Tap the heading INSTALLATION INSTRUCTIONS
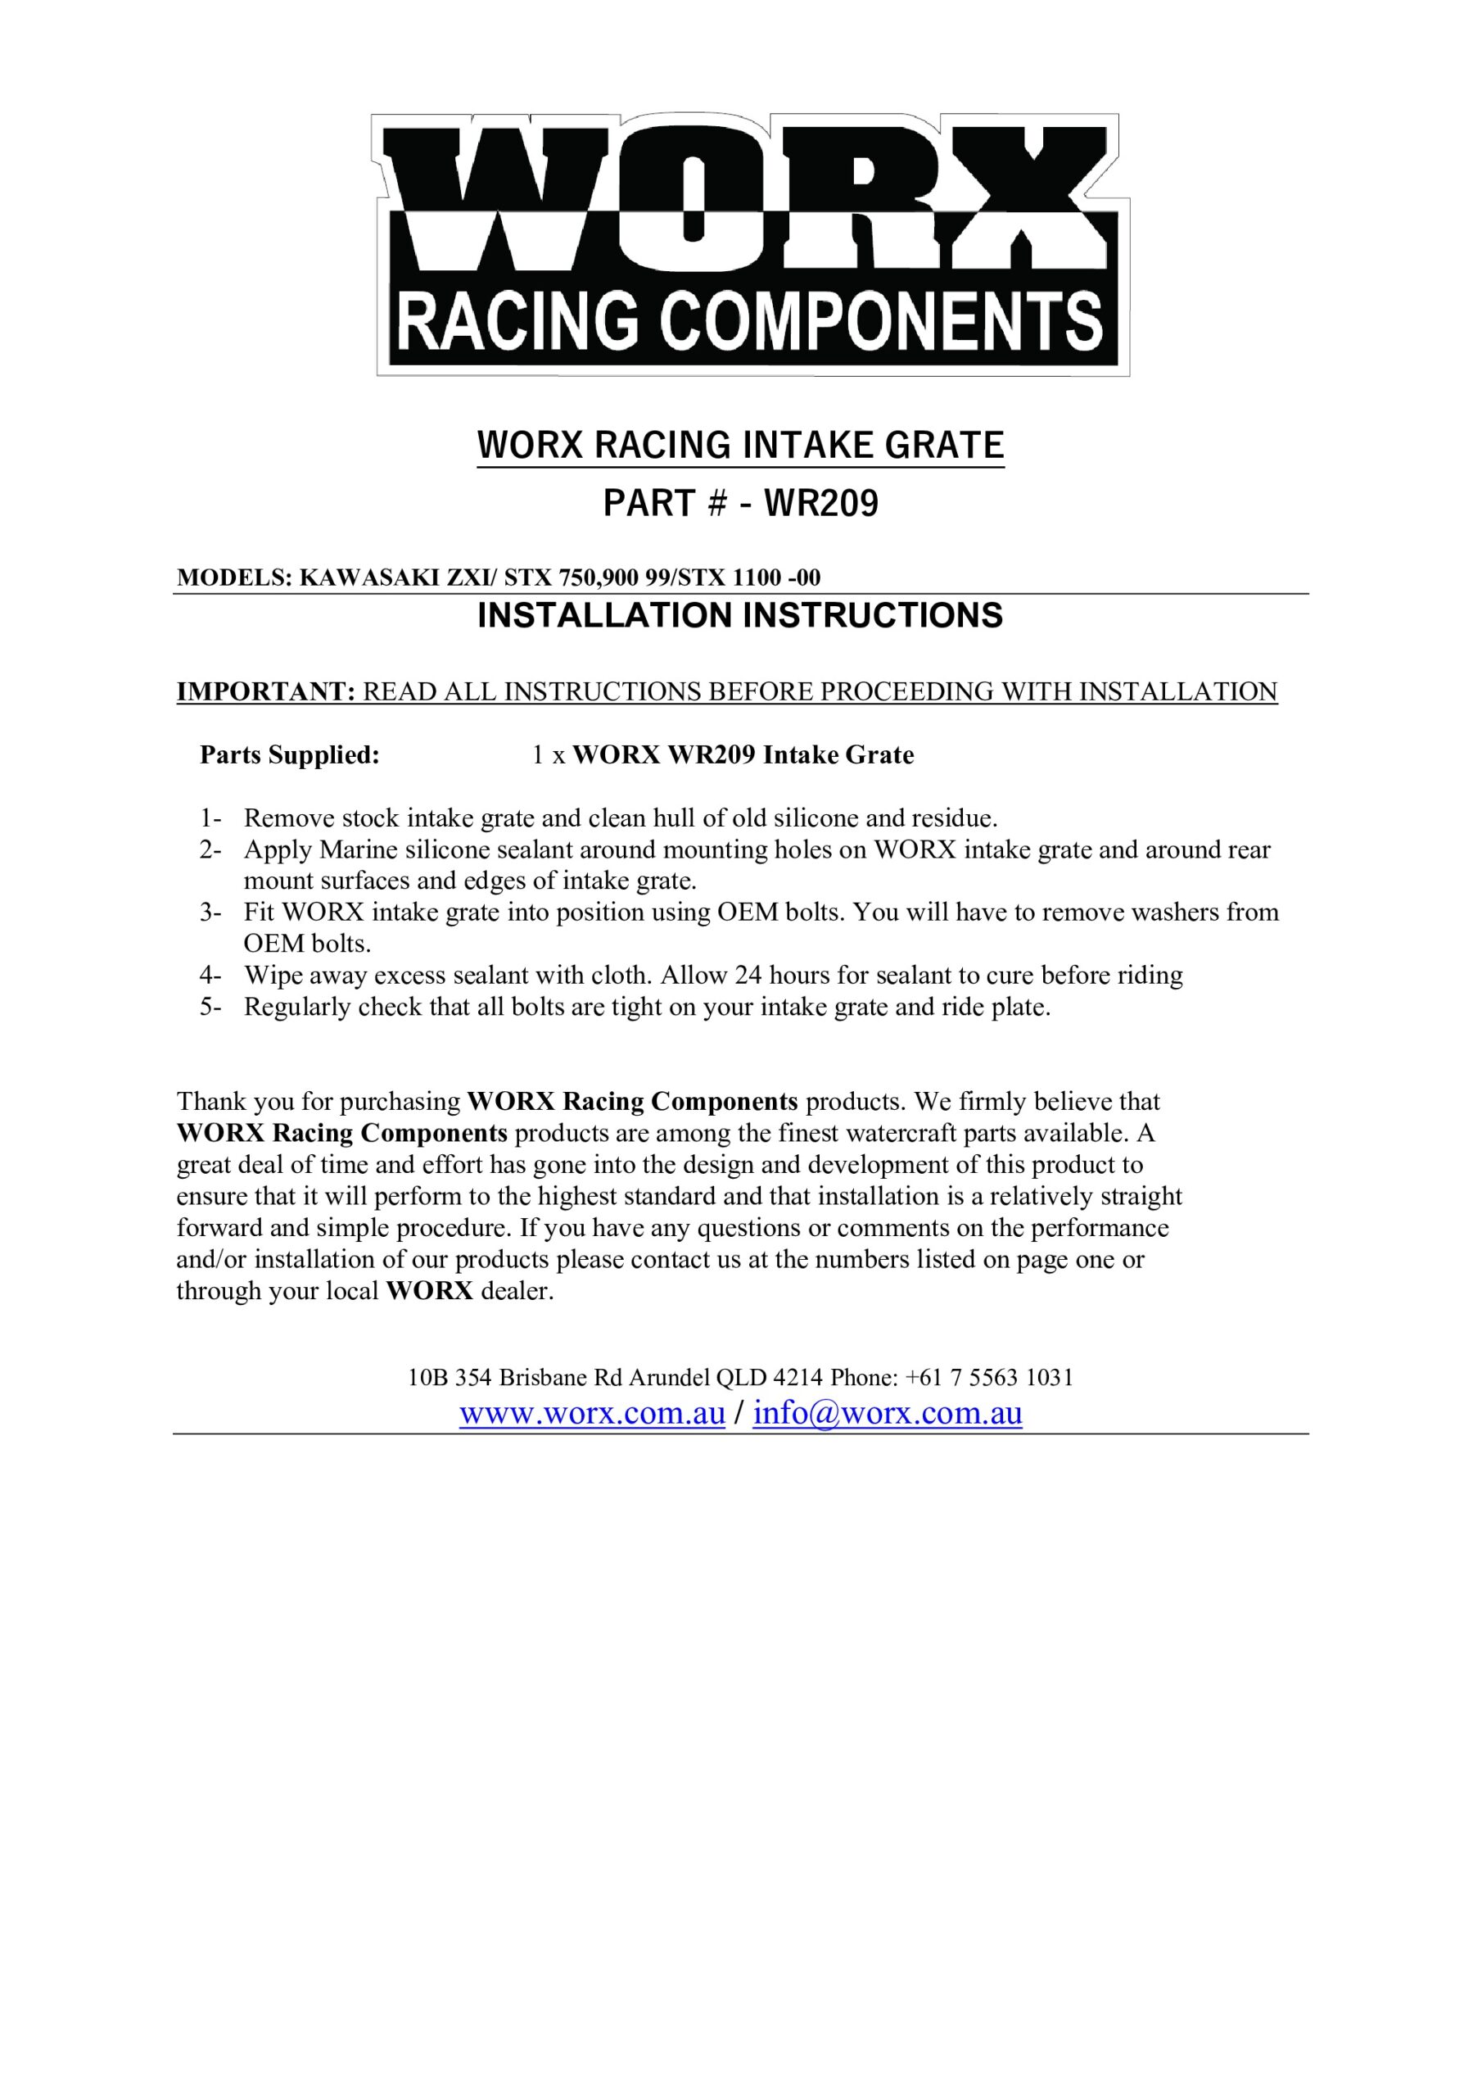coord(739,615)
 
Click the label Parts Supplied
coord(290,755)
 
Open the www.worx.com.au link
coord(592,1413)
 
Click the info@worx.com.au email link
coord(887,1413)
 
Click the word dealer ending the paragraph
coord(517,1292)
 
